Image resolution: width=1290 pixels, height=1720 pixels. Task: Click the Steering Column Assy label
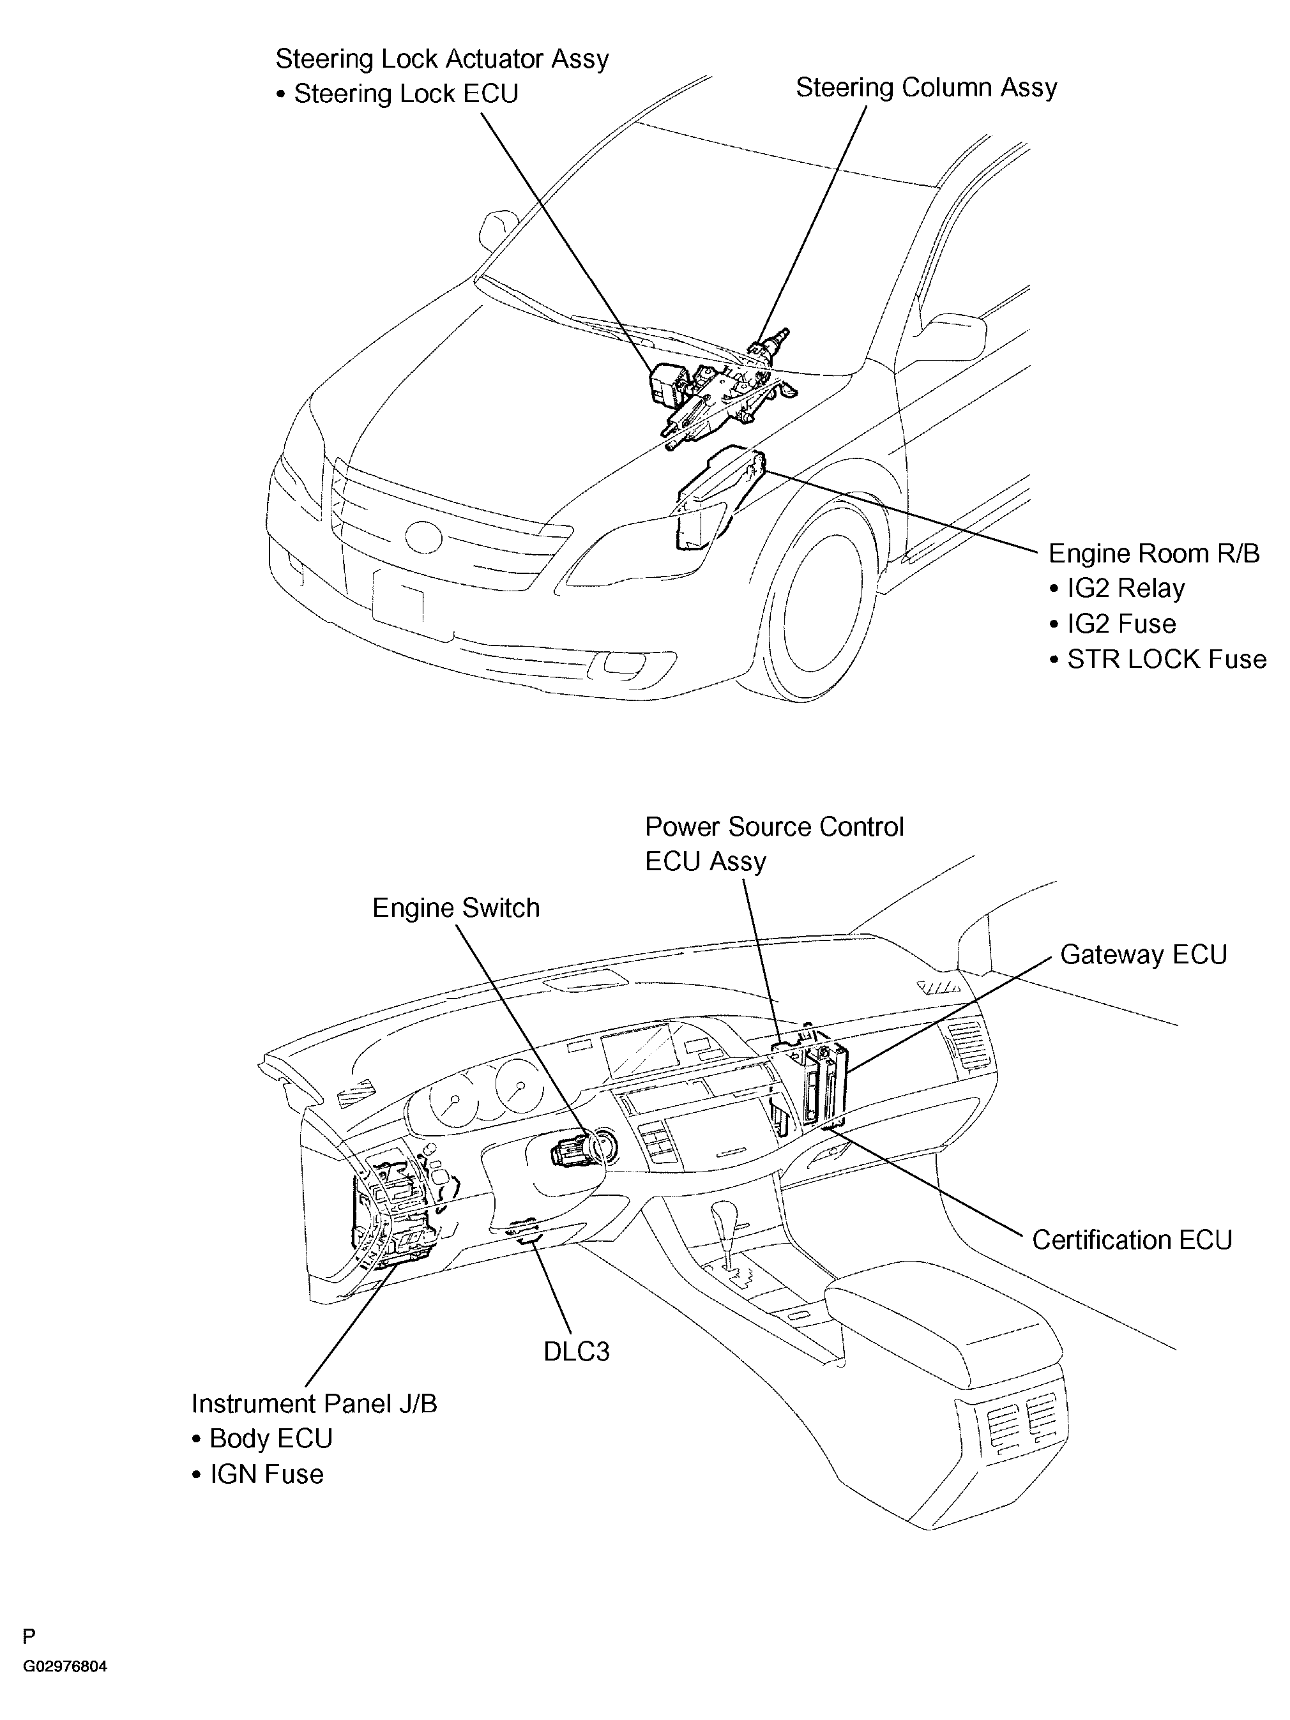(926, 89)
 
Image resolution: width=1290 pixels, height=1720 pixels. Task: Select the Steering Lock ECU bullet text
(397, 94)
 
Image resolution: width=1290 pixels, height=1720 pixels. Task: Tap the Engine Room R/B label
(1154, 554)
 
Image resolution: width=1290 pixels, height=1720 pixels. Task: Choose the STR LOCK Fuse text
(1158, 660)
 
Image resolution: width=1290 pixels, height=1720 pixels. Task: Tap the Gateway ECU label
(1143, 955)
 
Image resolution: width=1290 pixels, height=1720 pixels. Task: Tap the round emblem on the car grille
(423, 536)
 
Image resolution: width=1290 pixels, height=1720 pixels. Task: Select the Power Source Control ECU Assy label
(775, 843)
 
